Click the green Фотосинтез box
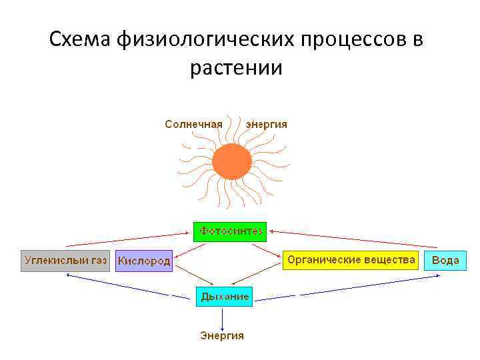229,231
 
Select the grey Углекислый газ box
65,260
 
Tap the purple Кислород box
144,261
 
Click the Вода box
445,260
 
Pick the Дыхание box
224,296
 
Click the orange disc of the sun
231,161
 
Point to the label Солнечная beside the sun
194,124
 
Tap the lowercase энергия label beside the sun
267,124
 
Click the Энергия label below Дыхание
222,335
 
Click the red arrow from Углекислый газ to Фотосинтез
127,239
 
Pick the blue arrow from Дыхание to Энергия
222,317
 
